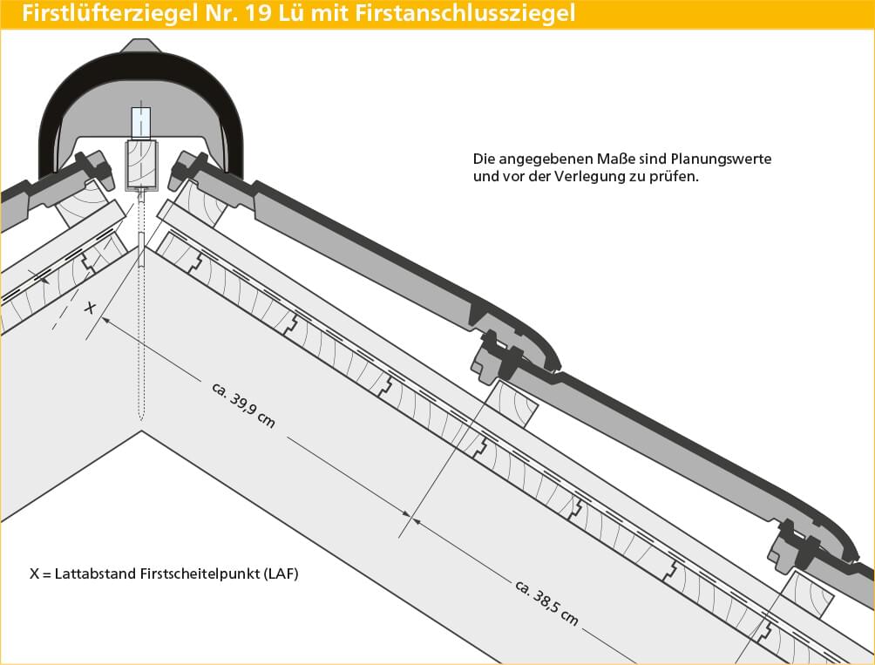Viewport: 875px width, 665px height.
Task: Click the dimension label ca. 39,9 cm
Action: tap(243, 405)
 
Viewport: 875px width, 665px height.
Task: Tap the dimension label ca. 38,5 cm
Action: tap(547, 602)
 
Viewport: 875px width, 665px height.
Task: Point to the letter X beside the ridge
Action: tap(90, 307)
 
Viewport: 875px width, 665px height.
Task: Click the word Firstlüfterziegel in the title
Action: tap(109, 13)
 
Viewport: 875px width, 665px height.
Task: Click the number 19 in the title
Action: tap(260, 13)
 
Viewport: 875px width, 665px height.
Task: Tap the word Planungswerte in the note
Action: tap(721, 159)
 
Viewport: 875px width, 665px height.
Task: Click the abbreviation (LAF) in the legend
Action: tap(280, 573)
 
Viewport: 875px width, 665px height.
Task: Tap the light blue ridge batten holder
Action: tap(140, 123)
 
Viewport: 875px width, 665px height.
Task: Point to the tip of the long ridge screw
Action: tap(142, 420)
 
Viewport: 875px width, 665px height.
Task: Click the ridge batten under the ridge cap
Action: tap(140, 164)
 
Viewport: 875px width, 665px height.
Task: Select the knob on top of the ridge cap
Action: tap(141, 45)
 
